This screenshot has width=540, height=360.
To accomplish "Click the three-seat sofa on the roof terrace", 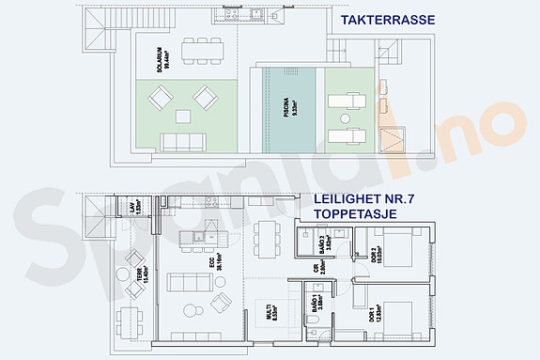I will click(x=184, y=142).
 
